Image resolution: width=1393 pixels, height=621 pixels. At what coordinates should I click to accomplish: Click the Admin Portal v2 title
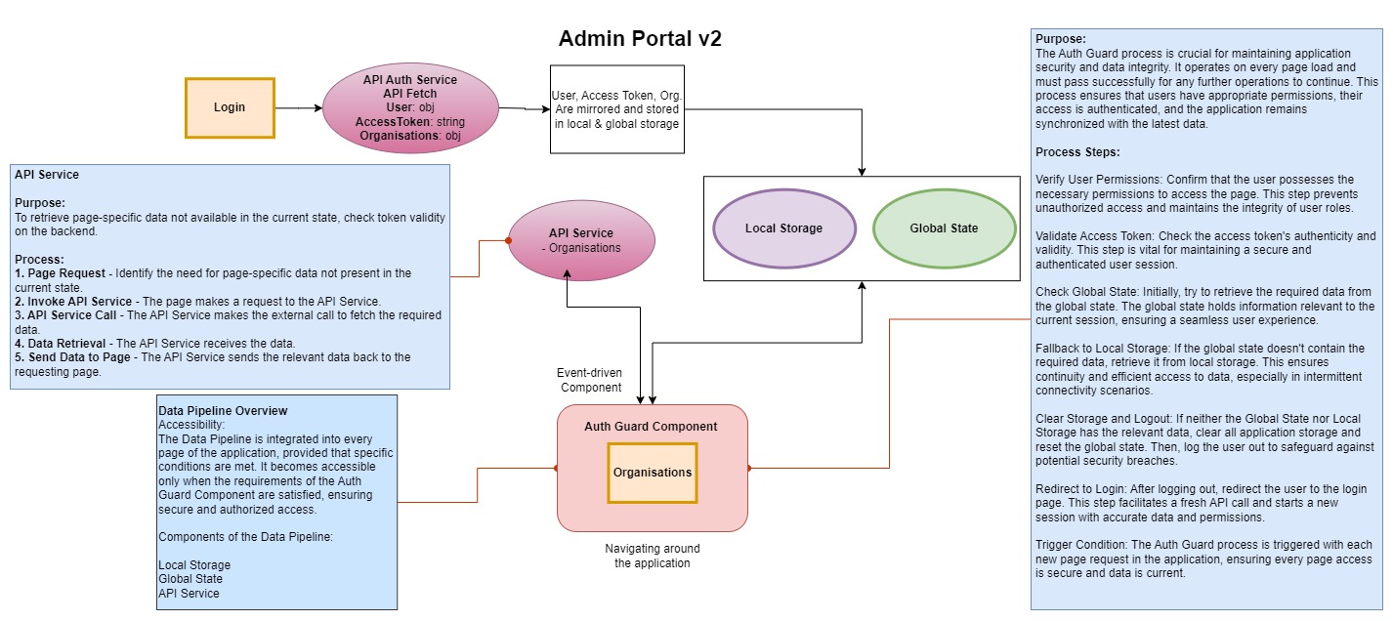point(639,39)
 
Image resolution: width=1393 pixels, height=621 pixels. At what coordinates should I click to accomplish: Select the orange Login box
point(231,107)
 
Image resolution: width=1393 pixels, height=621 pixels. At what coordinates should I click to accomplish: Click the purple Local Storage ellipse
point(783,228)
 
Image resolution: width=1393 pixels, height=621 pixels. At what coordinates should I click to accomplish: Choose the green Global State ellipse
point(944,228)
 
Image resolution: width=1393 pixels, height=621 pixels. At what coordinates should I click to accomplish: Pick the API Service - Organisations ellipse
point(581,240)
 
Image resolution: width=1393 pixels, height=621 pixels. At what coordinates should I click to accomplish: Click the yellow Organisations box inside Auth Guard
point(653,473)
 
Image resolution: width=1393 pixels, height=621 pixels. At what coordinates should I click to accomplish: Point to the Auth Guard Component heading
point(651,427)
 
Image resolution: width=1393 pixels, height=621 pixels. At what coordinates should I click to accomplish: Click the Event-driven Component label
point(590,380)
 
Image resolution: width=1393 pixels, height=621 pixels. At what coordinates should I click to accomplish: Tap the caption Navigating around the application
point(652,556)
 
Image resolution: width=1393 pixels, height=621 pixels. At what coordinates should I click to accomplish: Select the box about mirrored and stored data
point(617,109)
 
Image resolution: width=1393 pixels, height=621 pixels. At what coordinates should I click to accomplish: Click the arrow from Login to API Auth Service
point(298,107)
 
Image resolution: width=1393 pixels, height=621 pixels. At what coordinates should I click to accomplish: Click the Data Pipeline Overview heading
point(223,411)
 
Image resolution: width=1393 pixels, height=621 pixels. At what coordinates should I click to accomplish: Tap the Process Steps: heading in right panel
point(1077,152)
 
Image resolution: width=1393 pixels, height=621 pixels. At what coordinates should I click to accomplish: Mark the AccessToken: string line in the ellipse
point(410,122)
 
